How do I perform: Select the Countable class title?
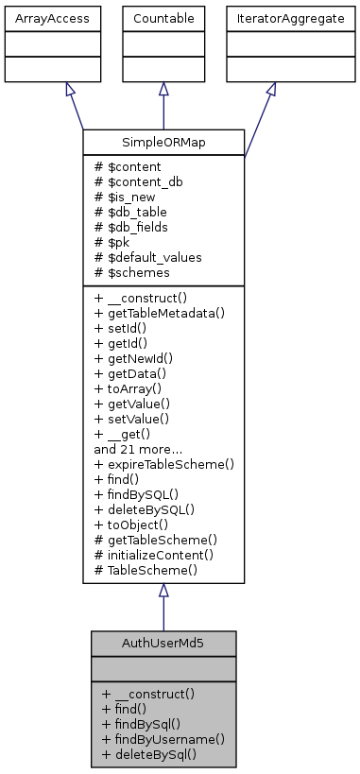tap(163, 17)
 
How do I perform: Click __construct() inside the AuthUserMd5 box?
tap(147, 693)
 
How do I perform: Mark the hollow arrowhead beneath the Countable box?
tap(163, 88)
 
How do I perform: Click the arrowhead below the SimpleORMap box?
tap(163, 591)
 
